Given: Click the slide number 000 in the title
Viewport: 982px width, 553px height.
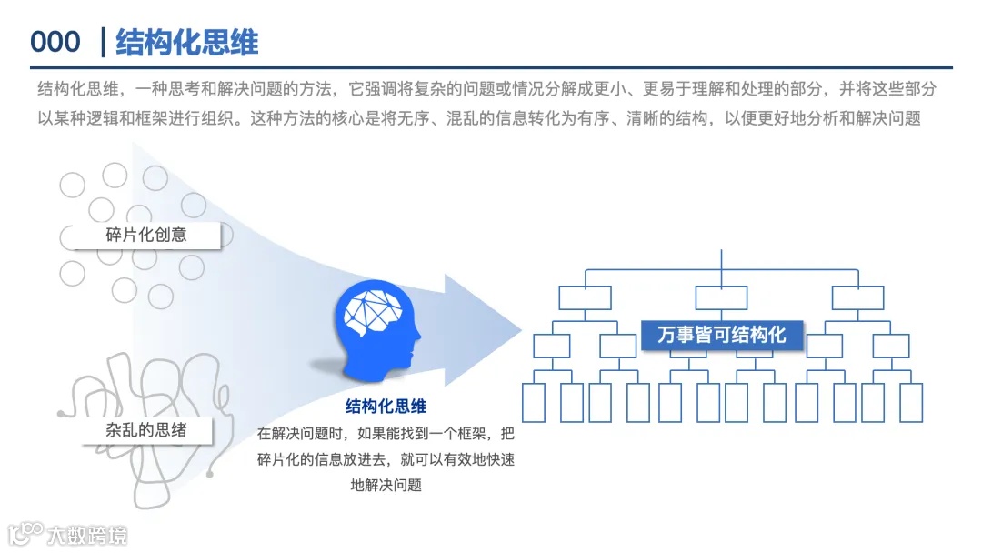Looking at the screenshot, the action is click(55, 43).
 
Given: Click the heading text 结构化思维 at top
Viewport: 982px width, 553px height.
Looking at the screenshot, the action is click(187, 43).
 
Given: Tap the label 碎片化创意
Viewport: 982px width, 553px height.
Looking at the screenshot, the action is click(145, 234).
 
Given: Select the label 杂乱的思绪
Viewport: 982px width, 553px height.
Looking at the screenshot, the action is click(145, 429).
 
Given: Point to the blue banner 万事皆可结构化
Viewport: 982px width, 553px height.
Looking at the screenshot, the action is click(721, 334).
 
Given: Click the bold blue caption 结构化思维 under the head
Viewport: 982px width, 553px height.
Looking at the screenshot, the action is click(386, 406).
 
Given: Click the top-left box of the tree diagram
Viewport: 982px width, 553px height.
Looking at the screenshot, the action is click(585, 297).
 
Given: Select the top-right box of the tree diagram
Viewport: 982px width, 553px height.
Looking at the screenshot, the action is click(857, 297).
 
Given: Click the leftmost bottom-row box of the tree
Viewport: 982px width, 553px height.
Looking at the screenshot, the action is click(534, 403).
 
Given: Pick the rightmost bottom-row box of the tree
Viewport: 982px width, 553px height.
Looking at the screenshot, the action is click(911, 403).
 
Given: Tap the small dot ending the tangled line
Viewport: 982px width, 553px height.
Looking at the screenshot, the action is click(210, 474).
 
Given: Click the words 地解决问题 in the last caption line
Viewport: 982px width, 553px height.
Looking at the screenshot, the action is click(386, 485).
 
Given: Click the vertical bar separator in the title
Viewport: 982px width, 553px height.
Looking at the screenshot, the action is click(103, 43).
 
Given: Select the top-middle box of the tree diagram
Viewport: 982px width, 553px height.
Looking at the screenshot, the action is click(721, 297).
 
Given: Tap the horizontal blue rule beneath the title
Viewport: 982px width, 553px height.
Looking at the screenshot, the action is click(491, 67).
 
